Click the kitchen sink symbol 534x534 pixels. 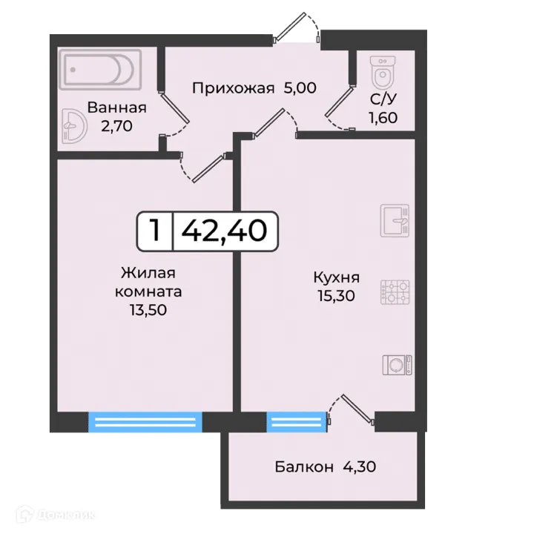[x=395, y=220]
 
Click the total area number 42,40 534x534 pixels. [x=224, y=231]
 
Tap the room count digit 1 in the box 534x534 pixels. [x=155, y=231]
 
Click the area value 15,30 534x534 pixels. [x=336, y=296]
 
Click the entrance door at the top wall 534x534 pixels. [x=297, y=30]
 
